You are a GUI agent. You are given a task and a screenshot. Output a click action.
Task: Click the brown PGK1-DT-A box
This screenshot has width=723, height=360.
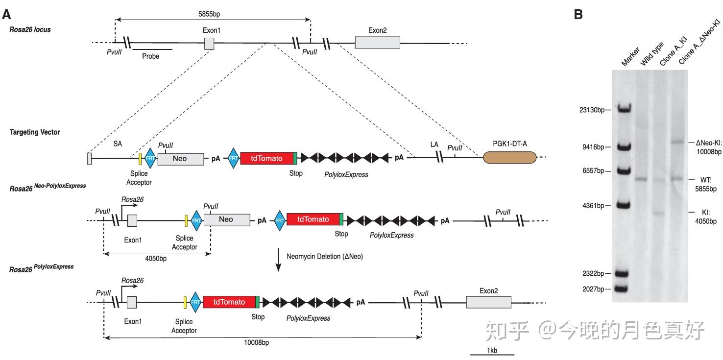point(509,158)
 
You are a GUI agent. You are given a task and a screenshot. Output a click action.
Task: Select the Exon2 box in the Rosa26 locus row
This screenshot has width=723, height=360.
point(377,43)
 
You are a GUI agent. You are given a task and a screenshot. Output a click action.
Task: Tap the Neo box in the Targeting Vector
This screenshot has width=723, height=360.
point(180,159)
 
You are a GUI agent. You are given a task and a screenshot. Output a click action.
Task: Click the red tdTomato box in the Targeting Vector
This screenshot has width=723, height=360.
point(267,158)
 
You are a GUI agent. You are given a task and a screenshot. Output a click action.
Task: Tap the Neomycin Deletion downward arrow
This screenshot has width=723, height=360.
point(278,260)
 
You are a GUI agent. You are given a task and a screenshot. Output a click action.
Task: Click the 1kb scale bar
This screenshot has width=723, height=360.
point(492,354)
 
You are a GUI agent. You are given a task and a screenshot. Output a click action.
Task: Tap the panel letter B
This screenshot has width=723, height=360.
point(578,15)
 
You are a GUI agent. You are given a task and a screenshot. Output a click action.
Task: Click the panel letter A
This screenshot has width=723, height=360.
point(6,15)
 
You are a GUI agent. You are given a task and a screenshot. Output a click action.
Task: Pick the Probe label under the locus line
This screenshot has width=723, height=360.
point(150,56)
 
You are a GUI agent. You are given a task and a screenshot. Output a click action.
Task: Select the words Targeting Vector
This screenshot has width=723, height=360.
point(34,132)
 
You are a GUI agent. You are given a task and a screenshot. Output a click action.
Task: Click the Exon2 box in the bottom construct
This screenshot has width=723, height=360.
point(488,302)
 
